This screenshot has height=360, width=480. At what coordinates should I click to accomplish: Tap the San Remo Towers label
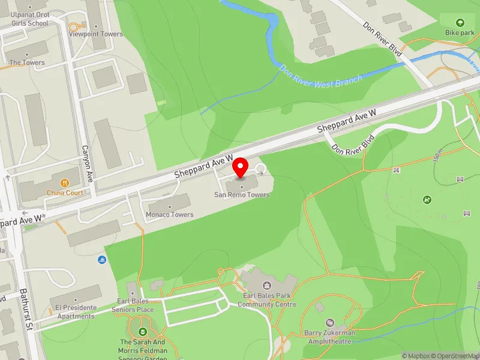pyautogui.click(x=242, y=194)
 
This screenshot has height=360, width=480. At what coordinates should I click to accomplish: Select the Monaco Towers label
pyautogui.click(x=170, y=214)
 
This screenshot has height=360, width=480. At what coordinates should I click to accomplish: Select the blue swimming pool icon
pyautogui.click(x=101, y=259)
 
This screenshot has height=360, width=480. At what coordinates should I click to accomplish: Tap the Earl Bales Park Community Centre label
pyautogui.click(x=267, y=300)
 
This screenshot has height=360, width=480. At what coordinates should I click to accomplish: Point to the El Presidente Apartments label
pyautogui.click(x=76, y=312)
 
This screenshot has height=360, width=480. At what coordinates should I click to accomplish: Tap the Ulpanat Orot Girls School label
pyautogui.click(x=28, y=20)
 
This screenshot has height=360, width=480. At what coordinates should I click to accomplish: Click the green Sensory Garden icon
pyautogui.click(x=143, y=331)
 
